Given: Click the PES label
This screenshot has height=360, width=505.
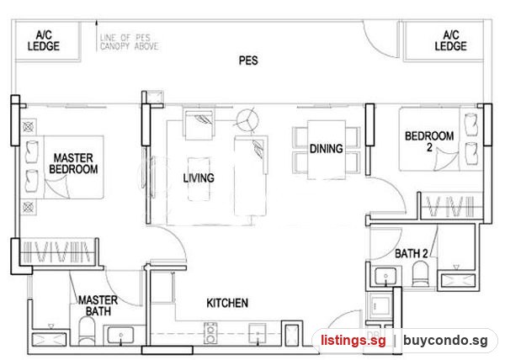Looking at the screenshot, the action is pos(248,61).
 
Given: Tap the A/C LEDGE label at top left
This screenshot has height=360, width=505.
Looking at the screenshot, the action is pos(44,41).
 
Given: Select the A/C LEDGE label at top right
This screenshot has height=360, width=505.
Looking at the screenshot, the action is pos(450,41).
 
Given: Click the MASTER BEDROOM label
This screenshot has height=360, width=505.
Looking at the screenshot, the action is pos(73,163).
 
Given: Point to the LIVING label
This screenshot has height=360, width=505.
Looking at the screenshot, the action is pos(199,178).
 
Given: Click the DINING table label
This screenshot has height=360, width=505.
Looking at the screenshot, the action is pos(327,149).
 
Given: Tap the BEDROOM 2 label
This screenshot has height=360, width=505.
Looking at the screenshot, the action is pos(429,141).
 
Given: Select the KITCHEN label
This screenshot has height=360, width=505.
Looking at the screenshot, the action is pos(227,303).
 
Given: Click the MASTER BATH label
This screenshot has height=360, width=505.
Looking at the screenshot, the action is pos(98,305).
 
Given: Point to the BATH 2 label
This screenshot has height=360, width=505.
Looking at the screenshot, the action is pos(412,253).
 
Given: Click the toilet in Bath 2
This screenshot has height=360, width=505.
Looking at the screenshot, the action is pos(421,274).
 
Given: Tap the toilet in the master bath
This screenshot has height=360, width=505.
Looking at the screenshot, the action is pos(87,331).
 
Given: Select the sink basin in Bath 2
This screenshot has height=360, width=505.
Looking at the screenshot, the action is pos(385,276).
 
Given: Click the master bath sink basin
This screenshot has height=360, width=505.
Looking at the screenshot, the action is pos(120,336).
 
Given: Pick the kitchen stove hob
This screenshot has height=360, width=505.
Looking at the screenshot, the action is pos(210,333).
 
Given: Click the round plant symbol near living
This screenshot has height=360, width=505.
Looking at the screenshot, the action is pos(247,120).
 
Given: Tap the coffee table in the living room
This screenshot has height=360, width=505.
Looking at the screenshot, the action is pos(199,179).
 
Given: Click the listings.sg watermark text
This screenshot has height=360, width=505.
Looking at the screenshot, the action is pos(353,341).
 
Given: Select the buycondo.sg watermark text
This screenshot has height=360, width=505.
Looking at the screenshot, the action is pos(445,341).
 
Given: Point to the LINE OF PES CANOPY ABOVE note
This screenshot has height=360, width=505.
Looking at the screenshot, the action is pos(129,42).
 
